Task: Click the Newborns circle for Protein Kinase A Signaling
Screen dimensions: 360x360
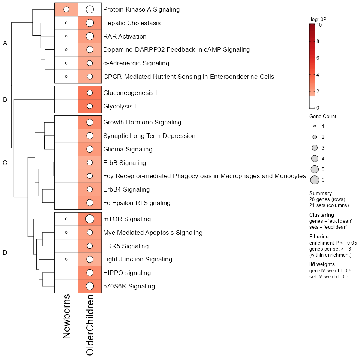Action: pos(66,9)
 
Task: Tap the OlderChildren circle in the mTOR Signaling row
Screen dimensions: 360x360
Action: pos(90,219)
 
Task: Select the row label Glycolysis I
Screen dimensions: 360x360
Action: pos(119,106)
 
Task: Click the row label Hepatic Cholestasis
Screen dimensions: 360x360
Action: pos(132,23)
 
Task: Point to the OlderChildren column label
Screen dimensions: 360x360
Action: pos(90,325)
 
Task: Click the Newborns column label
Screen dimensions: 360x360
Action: pos(66,316)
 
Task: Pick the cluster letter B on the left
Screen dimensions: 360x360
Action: pos(5,99)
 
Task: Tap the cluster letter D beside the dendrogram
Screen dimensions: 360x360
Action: pos(5,252)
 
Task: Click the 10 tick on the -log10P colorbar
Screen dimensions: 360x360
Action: pos(319,25)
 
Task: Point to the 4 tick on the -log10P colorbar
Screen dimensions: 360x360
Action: pos(318,75)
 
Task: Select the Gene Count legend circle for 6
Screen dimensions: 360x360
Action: pos(315,180)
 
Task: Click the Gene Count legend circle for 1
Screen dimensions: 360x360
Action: pos(315,126)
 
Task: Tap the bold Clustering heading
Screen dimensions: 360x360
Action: pos(321,215)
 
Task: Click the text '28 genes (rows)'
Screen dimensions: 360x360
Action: pos(327,199)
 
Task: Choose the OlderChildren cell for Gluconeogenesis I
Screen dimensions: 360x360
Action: pos(90,93)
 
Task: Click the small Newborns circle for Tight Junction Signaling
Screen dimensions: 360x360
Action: pos(66,259)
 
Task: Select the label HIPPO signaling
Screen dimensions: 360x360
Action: pos(127,273)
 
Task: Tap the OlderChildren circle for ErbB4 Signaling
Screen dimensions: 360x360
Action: pos(90,189)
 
